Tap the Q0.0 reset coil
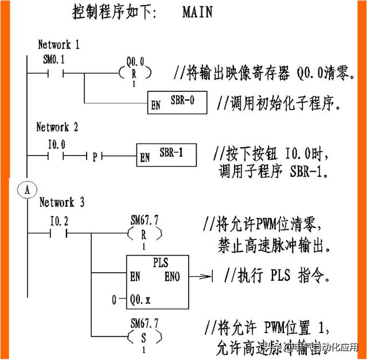coord(135,73)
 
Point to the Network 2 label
coord(57,127)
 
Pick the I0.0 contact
coord(57,156)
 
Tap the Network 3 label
coord(61,202)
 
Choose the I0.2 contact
coord(60,233)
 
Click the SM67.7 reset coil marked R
coord(144,234)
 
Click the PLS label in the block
coord(160,264)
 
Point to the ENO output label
coord(172,277)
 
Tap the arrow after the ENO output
coord(202,277)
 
